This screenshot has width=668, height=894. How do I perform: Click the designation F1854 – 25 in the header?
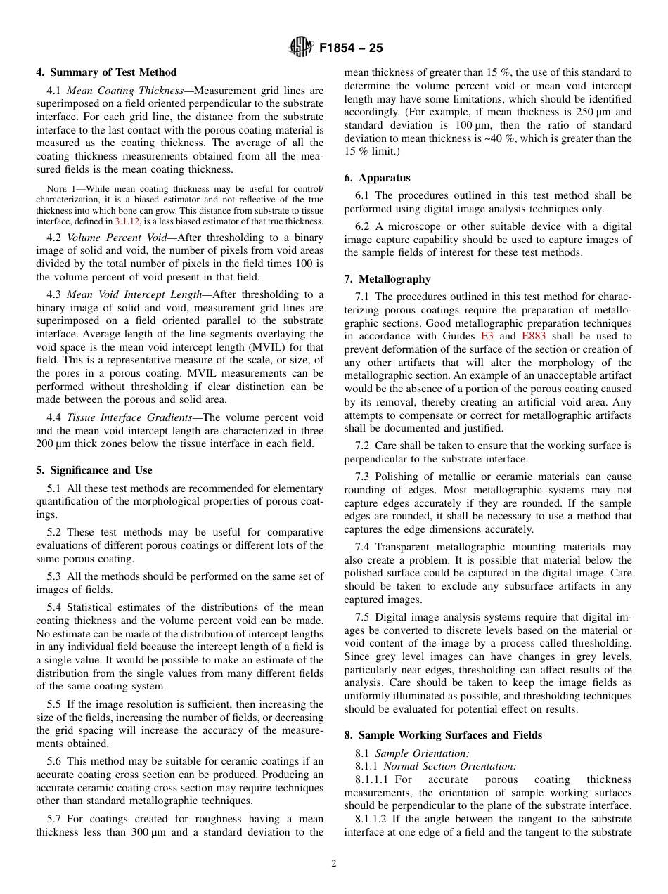tap(351, 48)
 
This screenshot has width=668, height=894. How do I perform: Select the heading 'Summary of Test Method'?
tap(113, 72)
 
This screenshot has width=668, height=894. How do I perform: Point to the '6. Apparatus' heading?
tap(377, 178)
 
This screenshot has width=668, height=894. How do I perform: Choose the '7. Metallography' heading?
tap(387, 279)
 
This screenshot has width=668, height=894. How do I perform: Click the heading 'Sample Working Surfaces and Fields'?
tap(450, 735)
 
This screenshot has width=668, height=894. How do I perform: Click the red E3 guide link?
tap(487, 336)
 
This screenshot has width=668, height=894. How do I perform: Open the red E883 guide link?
tap(533, 336)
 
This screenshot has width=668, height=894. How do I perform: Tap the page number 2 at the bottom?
tap(334, 864)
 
